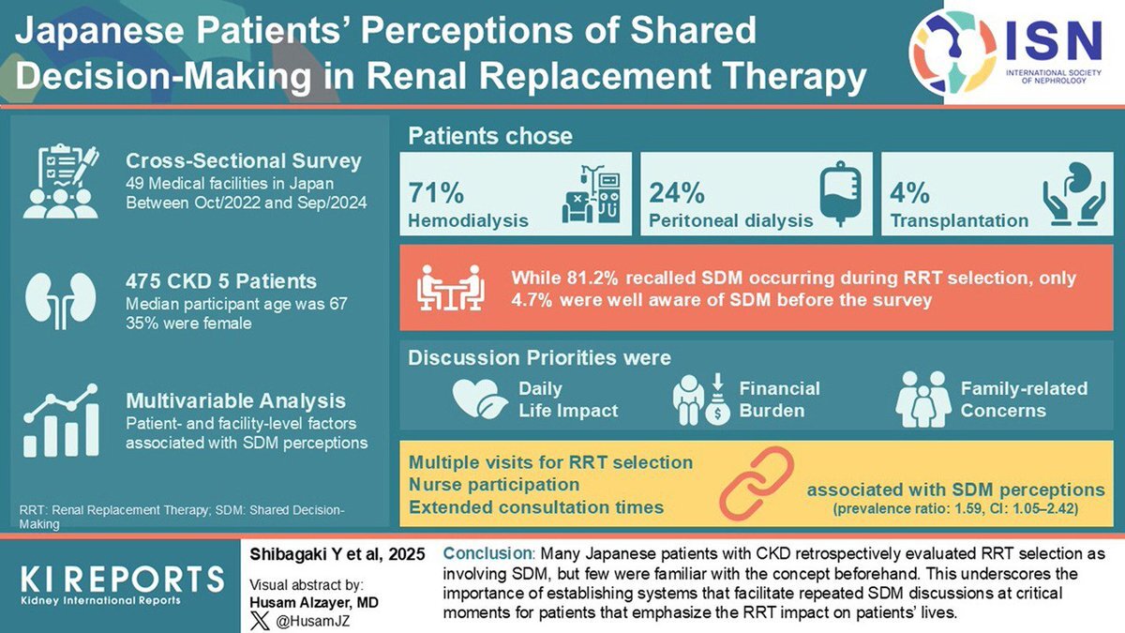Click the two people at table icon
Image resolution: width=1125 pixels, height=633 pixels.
pyautogui.click(x=446, y=288)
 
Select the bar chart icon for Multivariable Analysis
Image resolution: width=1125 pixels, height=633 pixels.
pyautogui.click(x=61, y=421)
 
